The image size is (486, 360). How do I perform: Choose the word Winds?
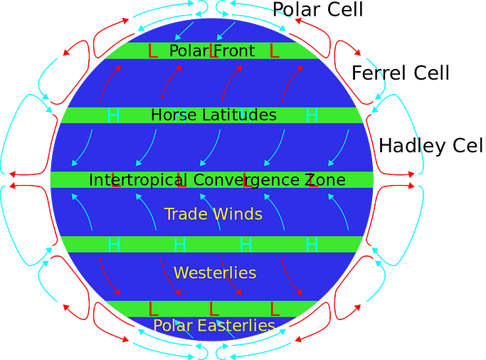pyautogui.click(x=238, y=214)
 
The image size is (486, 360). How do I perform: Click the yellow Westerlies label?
pyautogui.click(x=215, y=273)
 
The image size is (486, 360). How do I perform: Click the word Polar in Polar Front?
pyautogui.click(x=189, y=51)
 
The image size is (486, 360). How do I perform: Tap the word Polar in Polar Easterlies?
pyautogui.click(x=174, y=326)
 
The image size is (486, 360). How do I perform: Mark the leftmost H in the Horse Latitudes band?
pyautogui.click(x=113, y=115)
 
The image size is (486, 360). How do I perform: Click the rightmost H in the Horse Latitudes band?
pyautogui.click(x=312, y=115)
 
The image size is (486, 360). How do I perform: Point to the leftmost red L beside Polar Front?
pyautogui.click(x=152, y=51)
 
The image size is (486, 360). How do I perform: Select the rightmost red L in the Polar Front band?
pyautogui.click(x=274, y=51)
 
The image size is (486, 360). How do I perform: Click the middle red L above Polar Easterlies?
pyautogui.click(x=213, y=309)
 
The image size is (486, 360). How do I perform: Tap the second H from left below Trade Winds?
pyautogui.click(x=179, y=245)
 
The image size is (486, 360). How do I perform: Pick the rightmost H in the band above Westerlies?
pyautogui.click(x=312, y=245)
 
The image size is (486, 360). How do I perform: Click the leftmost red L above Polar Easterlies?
pyautogui.click(x=152, y=309)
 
